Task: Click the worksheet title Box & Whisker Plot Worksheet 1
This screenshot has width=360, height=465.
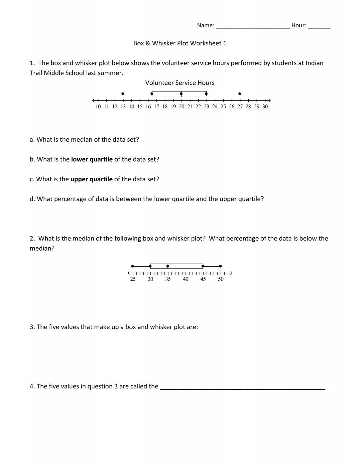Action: (180, 43)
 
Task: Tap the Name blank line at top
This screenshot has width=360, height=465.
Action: (253, 26)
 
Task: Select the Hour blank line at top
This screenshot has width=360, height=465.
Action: (319, 26)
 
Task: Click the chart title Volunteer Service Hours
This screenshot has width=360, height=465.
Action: (180, 83)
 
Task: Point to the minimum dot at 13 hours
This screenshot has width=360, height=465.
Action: (123, 94)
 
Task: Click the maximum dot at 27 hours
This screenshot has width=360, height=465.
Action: (239, 94)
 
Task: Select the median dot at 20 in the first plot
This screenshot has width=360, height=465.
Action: (181, 94)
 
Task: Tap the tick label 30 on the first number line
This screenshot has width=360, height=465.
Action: (265, 107)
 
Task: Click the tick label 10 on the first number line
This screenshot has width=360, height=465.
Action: (98, 107)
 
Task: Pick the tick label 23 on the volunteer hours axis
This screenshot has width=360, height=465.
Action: (206, 107)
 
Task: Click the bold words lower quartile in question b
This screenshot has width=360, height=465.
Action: (92, 159)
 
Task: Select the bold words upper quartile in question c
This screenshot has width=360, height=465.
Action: (91, 179)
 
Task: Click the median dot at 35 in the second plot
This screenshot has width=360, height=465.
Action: (168, 266)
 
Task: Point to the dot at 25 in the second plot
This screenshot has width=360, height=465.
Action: (133, 266)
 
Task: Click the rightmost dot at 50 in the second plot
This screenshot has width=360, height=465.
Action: (220, 266)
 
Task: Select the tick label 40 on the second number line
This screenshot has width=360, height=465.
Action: (185, 279)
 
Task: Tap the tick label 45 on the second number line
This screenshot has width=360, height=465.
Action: (203, 279)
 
